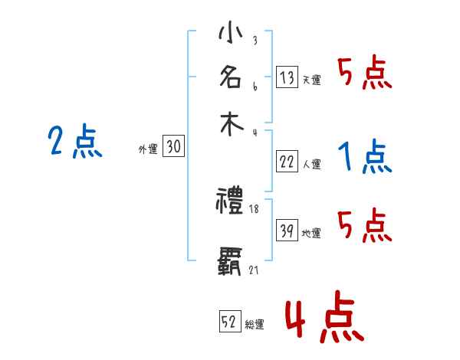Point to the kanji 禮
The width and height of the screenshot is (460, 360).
(231, 201)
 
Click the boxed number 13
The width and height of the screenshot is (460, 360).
(287, 77)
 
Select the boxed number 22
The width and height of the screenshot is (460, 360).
(287, 161)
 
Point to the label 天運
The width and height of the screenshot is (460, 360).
(311, 80)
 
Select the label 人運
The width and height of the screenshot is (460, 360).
(311, 163)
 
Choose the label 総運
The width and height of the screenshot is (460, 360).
(255, 324)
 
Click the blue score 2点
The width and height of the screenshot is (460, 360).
(75, 142)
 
